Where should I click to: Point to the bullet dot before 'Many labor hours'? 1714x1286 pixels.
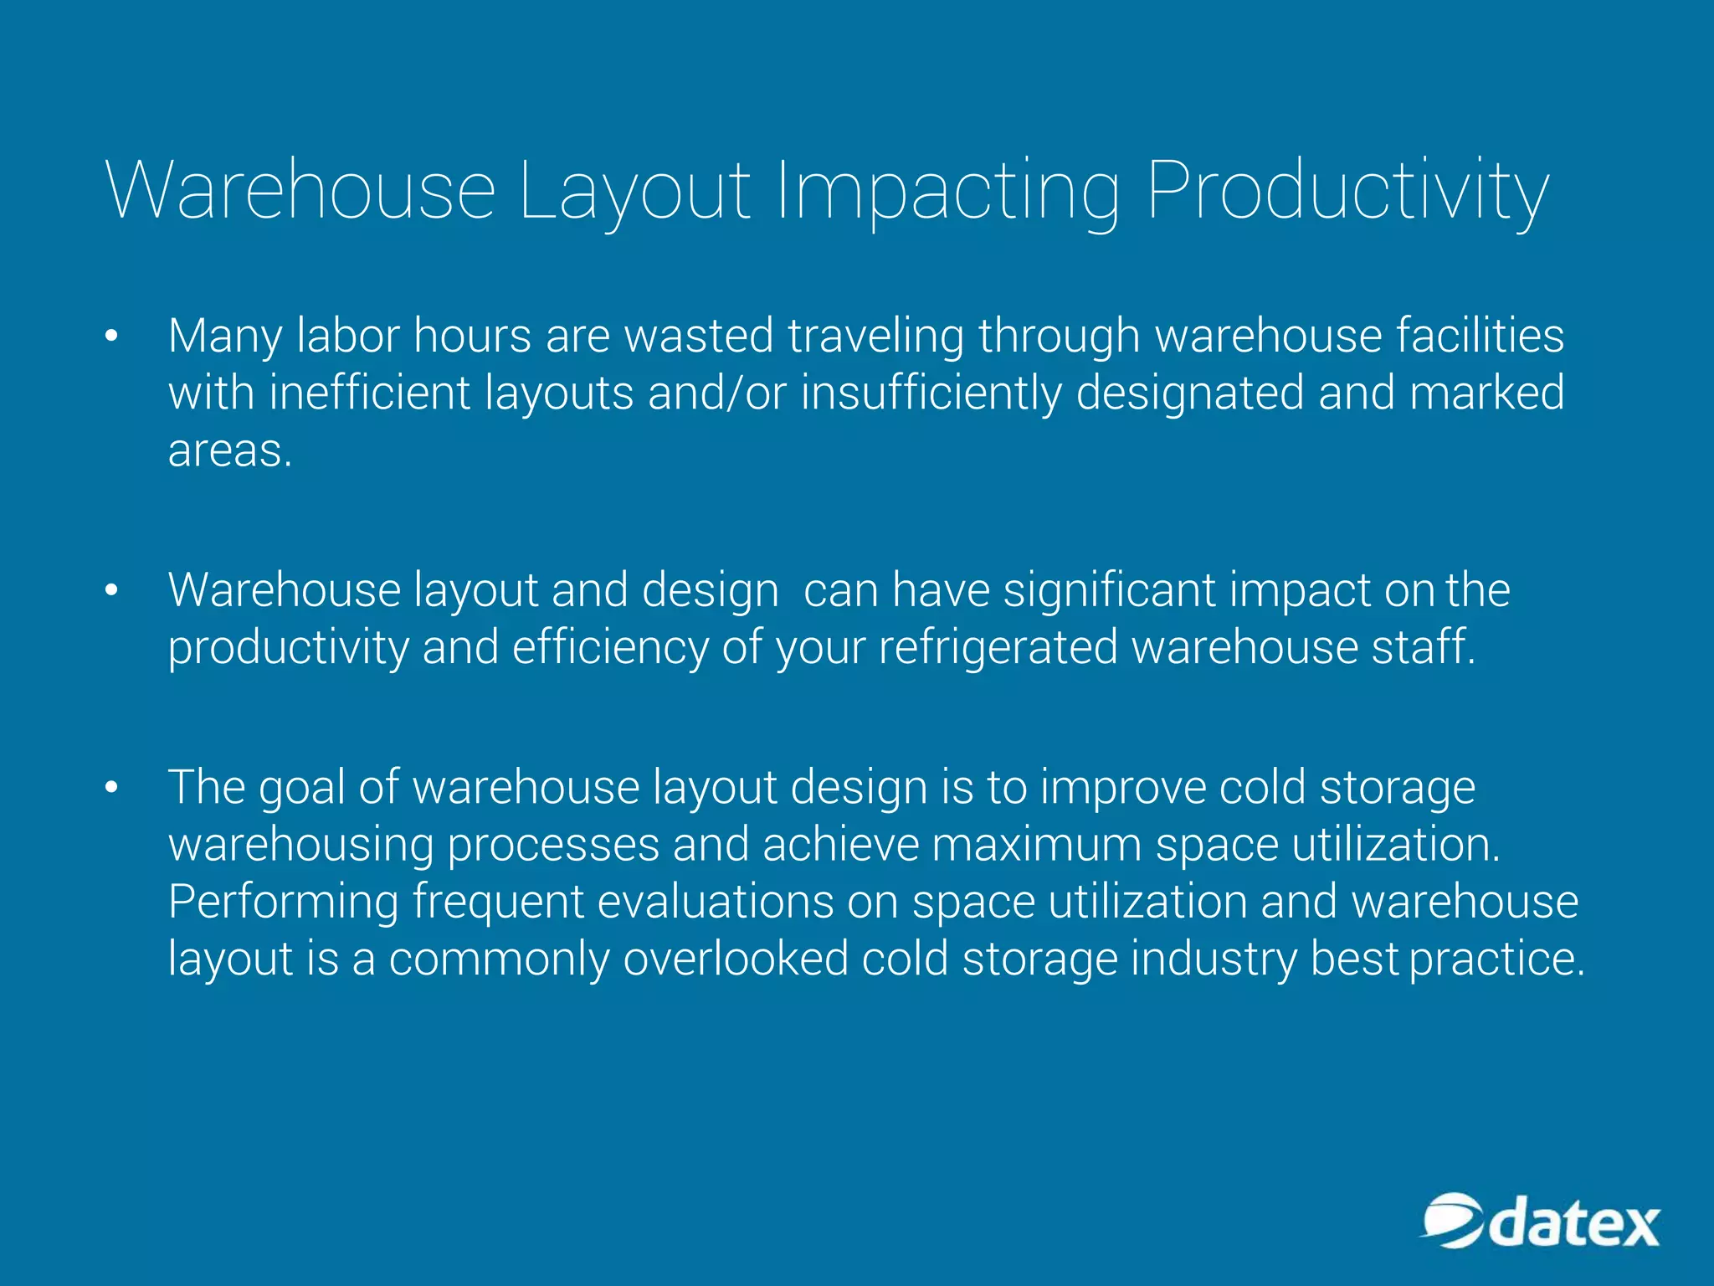(x=112, y=337)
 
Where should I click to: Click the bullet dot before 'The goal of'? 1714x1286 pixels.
(x=112, y=789)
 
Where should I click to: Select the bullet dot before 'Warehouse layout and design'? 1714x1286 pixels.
(x=112, y=591)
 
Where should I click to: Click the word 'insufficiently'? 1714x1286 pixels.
(x=931, y=394)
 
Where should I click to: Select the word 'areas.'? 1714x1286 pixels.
(x=230, y=452)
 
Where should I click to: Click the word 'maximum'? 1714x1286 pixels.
(x=1037, y=845)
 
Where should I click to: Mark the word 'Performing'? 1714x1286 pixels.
(x=284, y=903)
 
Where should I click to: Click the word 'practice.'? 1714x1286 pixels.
(x=1496, y=959)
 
